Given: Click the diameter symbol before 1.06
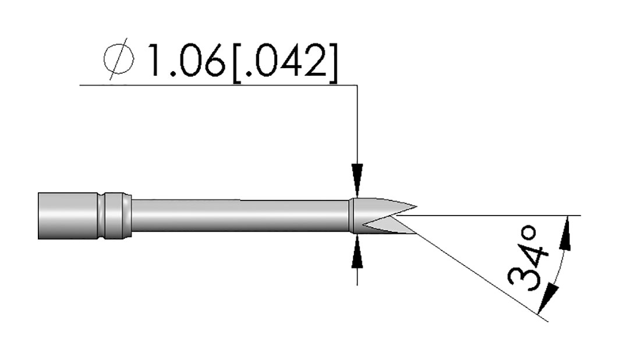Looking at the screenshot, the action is click(118, 59).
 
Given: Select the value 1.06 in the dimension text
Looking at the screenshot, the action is click(185, 61).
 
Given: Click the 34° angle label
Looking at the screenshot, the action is click(528, 259).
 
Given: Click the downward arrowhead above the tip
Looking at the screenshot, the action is click(358, 179).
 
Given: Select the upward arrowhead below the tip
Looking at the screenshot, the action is click(358, 252).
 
